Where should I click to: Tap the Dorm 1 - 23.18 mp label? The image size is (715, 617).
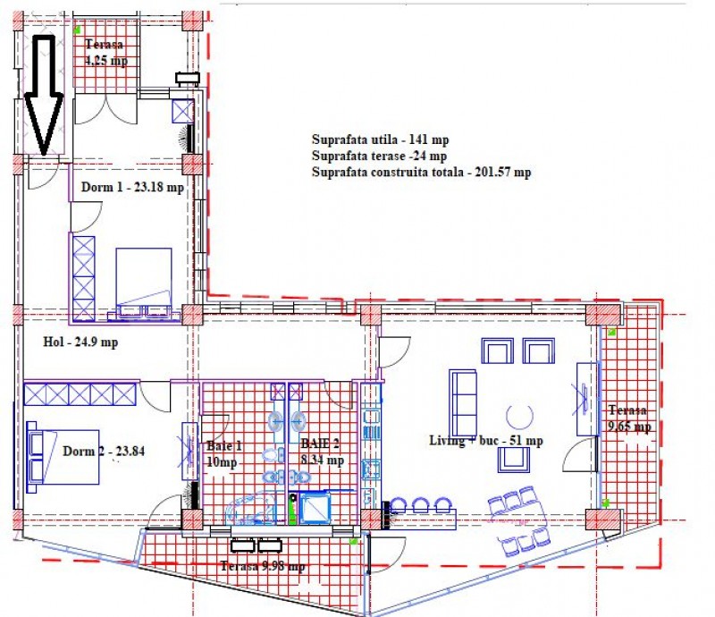tap(132, 187)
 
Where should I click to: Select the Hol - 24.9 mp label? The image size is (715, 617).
tap(80, 342)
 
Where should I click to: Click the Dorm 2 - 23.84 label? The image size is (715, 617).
tap(104, 452)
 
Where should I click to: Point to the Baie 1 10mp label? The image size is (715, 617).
tap(223, 454)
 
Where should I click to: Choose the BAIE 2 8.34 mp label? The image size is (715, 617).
tap(322, 452)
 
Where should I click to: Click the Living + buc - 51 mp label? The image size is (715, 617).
tap(486, 441)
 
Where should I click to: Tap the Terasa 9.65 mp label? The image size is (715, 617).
tap(629, 418)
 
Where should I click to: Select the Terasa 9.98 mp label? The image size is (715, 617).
tap(263, 566)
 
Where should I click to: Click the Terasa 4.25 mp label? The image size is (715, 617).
tap(106, 53)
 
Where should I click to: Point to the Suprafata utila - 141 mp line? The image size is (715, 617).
tap(381, 139)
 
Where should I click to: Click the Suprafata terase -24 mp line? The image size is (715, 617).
tap(379, 156)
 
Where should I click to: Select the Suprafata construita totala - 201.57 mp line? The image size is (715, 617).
tap(421, 173)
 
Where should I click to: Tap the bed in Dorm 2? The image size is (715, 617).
tap(63, 457)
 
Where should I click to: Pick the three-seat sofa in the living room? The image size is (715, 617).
tap(463, 403)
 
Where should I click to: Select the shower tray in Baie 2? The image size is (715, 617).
tap(314, 508)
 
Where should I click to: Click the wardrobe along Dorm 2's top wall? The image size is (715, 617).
tap(80, 394)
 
